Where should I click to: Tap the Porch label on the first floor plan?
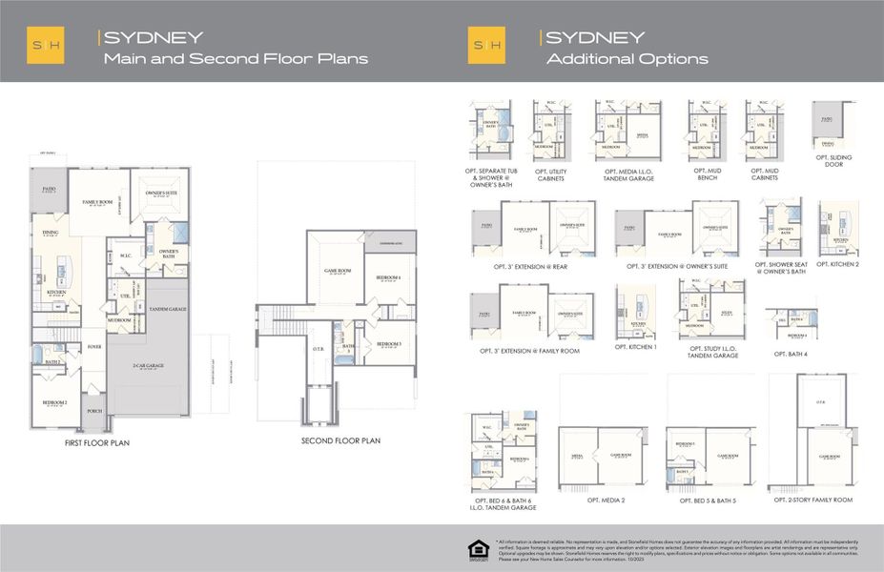(94, 411)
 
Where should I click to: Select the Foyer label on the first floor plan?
(94, 347)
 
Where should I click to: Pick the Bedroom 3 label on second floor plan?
(388, 343)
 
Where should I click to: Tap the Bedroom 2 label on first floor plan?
(53, 403)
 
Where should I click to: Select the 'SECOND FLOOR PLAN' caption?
(340, 440)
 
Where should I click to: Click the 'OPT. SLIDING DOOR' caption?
(834, 161)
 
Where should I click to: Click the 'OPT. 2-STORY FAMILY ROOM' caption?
(813, 500)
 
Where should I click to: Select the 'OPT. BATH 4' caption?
(791, 354)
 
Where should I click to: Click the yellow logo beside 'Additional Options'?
(486, 46)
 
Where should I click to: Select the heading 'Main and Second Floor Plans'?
(236, 59)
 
